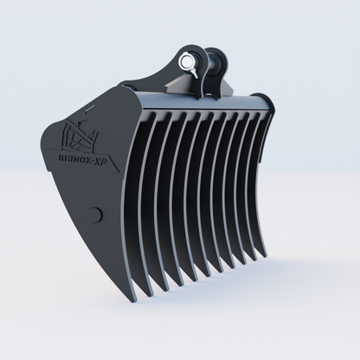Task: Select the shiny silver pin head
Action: (188, 62)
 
